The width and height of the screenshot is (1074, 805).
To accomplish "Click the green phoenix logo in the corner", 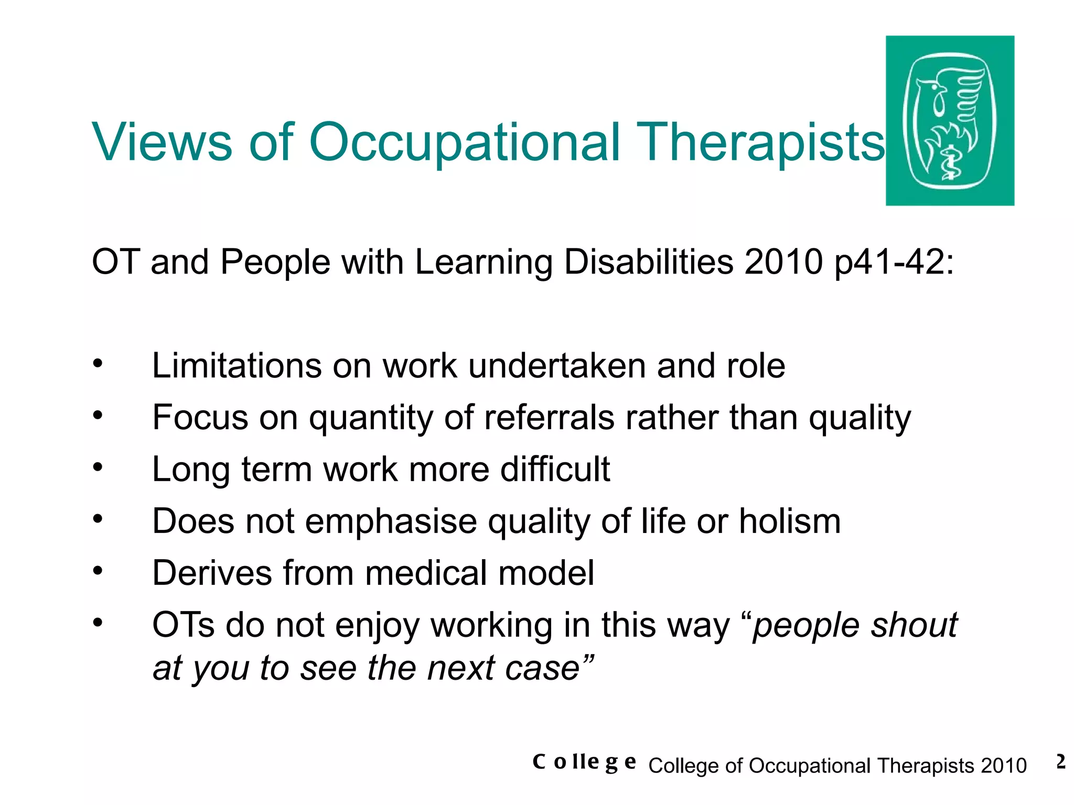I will pos(949,121).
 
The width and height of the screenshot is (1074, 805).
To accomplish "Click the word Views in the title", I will pos(162,142).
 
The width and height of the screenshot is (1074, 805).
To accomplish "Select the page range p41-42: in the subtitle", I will pos(894,262).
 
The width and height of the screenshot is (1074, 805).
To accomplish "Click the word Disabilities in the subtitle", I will pos(648,262).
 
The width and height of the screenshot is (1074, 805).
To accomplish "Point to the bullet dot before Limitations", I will pos(98,363).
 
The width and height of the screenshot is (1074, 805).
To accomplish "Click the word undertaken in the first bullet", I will pos(556,365).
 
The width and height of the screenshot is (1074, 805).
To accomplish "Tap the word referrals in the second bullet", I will pos(549,418).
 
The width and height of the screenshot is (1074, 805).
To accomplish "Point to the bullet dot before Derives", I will pos(98,571).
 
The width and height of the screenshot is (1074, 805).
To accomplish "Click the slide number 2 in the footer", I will pos(1060,762).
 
